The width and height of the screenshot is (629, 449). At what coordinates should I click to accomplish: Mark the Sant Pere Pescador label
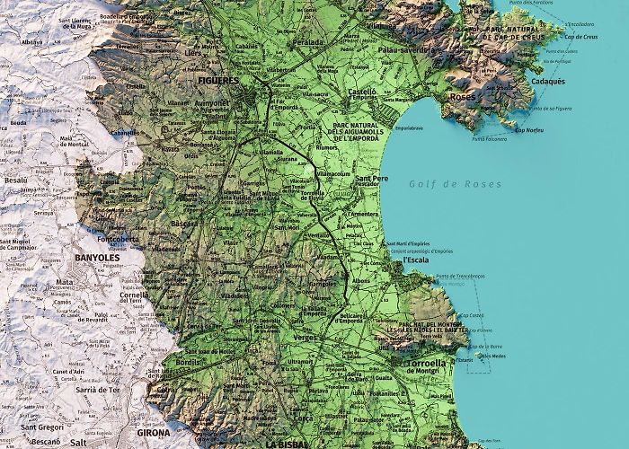point(373,183)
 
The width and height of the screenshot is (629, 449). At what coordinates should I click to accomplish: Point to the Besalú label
point(16,180)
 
